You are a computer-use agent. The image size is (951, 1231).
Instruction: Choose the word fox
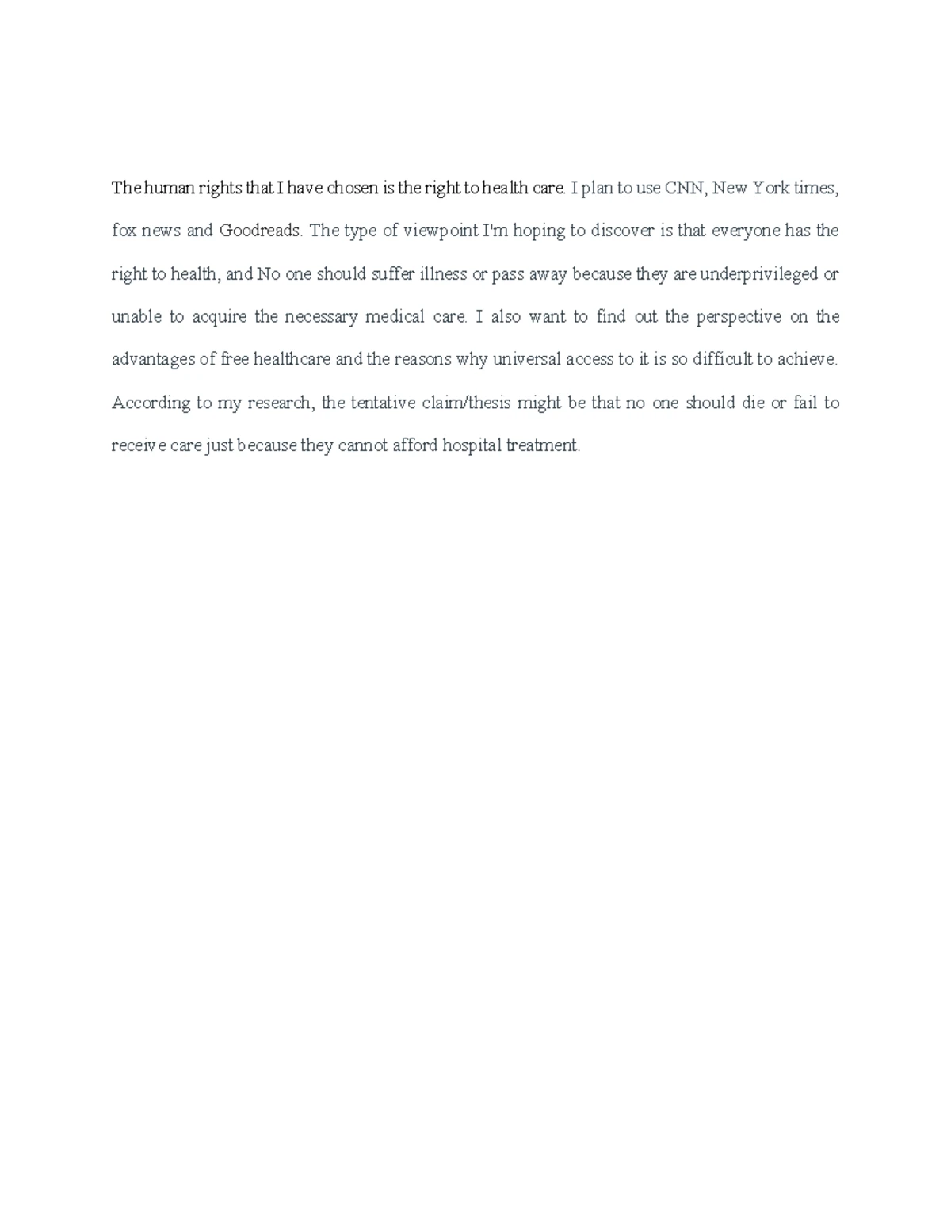point(124,231)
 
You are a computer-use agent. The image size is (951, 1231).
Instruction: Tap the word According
point(151,403)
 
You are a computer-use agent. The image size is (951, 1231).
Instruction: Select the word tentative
point(383,403)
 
